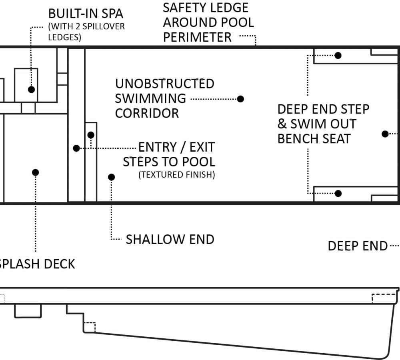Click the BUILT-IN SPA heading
pos(86,14)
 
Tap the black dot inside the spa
pos(32,89)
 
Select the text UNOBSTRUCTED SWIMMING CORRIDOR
pos(164,98)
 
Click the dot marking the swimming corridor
pos(240,99)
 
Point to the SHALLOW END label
pos(170,239)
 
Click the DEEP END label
pos(358,246)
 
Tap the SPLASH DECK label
pos(37,264)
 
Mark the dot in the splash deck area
pos(35,172)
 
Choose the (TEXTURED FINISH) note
pos(176,175)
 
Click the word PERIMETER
pos(197,37)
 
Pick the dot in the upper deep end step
pos(338,55)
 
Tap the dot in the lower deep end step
pos(338,194)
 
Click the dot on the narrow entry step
pos(91,135)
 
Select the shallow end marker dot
pos(112,177)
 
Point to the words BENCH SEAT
pos(314,138)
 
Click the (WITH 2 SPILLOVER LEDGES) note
pos(86,32)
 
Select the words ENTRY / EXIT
pos(176,147)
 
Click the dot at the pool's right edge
pos(385,134)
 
